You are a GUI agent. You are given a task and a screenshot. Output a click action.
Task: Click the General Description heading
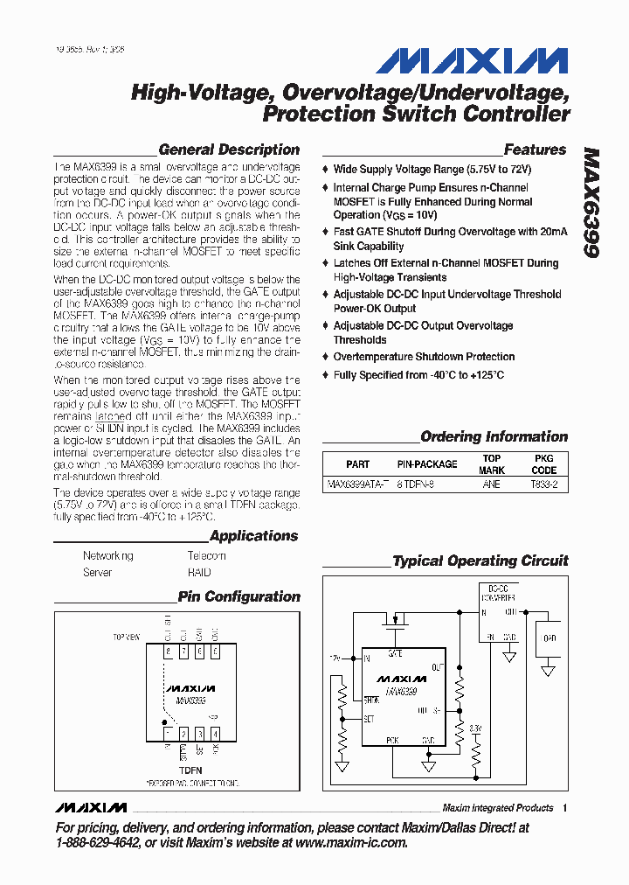click(229, 150)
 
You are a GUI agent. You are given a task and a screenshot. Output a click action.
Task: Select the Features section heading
click(535, 150)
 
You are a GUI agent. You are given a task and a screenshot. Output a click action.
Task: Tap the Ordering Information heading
click(494, 436)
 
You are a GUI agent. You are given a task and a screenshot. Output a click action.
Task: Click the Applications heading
click(253, 536)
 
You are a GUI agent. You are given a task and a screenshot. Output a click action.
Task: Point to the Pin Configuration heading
click(238, 597)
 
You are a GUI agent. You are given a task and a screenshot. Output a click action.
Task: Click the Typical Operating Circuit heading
click(480, 561)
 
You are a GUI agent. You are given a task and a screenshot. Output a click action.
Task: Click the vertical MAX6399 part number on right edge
click(591, 202)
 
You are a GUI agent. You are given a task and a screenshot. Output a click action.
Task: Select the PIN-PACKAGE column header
click(427, 464)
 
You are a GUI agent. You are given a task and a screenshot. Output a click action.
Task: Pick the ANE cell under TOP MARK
click(491, 484)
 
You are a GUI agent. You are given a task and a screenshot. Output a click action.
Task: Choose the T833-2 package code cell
click(543, 484)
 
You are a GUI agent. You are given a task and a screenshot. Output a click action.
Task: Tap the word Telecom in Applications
click(206, 556)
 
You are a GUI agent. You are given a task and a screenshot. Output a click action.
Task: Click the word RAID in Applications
click(199, 573)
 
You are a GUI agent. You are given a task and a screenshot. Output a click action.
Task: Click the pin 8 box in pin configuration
click(169, 652)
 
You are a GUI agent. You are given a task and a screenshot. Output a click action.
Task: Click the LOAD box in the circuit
click(549, 638)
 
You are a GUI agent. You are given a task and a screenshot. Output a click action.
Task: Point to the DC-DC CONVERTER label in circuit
click(499, 593)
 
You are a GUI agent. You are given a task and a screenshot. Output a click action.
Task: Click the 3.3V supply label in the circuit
click(474, 728)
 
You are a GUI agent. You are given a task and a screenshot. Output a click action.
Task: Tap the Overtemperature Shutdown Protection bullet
click(424, 357)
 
